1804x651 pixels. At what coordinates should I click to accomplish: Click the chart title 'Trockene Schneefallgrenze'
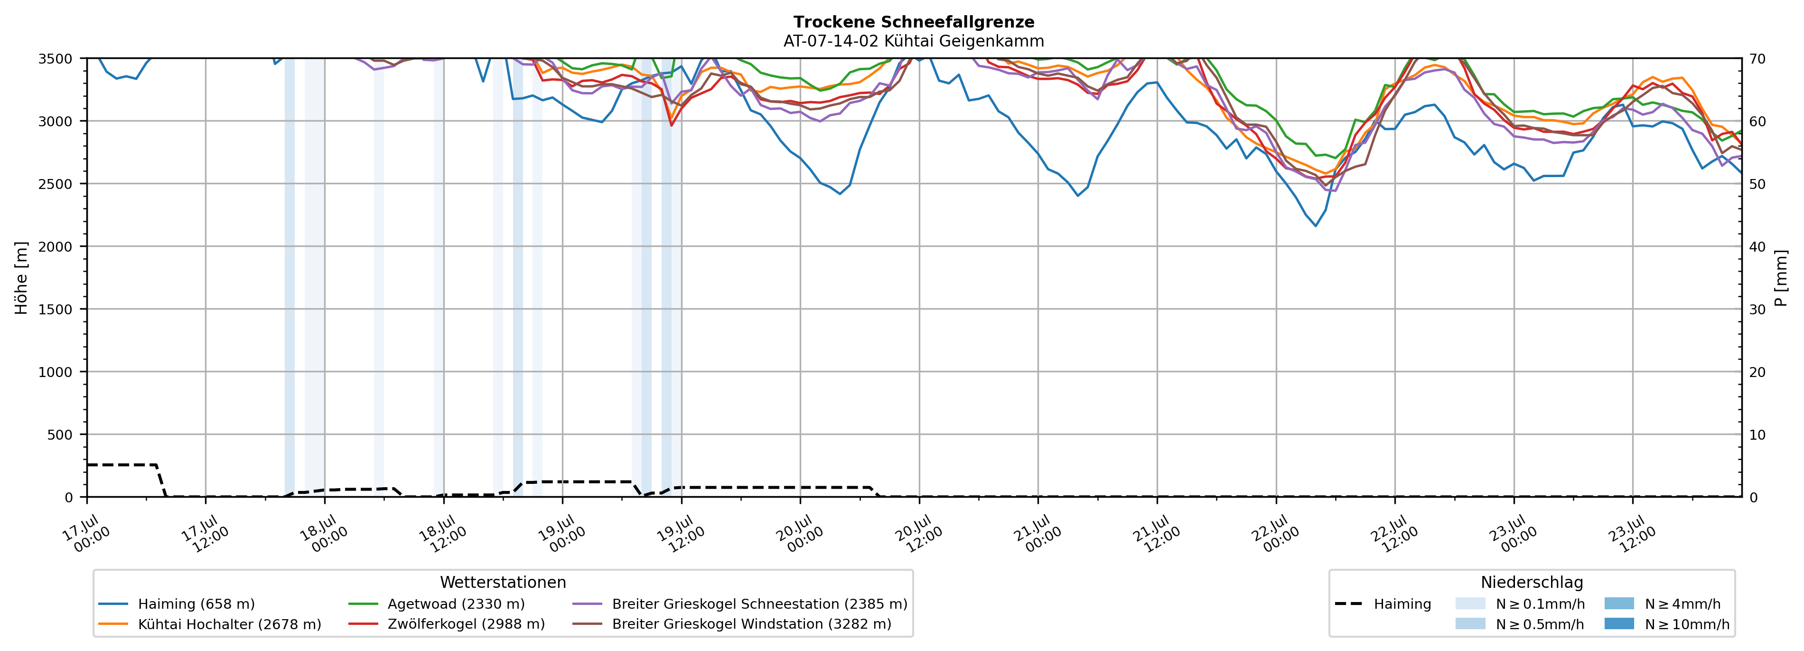click(914, 22)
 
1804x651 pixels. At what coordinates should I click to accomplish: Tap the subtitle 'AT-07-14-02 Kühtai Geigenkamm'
click(914, 41)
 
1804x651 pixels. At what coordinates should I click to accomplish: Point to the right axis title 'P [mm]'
click(1781, 277)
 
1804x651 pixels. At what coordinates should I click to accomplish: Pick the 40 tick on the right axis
click(1757, 246)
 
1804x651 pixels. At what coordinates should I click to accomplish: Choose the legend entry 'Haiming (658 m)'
click(177, 604)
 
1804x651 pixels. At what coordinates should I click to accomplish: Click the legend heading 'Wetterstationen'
click(503, 582)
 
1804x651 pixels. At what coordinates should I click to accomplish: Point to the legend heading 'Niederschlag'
click(1532, 582)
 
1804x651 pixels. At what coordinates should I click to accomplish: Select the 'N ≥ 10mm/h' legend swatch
click(1619, 623)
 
